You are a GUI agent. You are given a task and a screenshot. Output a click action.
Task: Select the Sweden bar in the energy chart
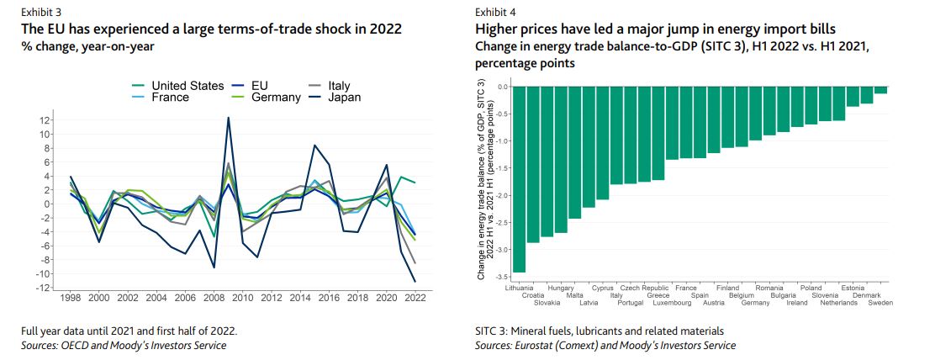(880, 89)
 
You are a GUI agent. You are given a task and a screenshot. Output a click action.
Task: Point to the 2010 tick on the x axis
(242, 299)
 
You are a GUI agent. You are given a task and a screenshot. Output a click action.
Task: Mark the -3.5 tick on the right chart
(500, 277)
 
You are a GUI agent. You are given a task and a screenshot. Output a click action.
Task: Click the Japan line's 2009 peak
(228, 118)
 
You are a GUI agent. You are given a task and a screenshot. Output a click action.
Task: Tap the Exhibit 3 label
(43, 13)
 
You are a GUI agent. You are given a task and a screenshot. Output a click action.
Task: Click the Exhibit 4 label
(496, 13)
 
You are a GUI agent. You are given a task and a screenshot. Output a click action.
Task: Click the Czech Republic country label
(644, 289)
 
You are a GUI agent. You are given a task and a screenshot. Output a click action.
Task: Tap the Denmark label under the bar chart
(867, 295)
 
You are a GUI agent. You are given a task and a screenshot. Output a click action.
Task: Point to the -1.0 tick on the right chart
(500, 141)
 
